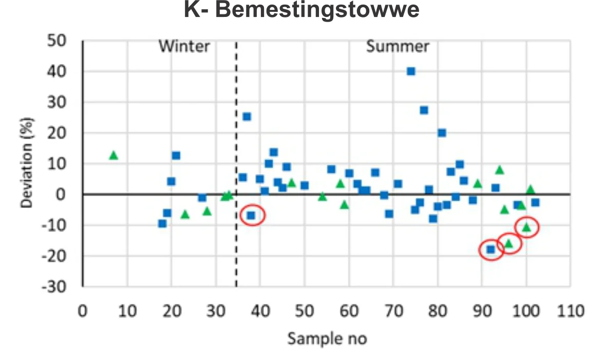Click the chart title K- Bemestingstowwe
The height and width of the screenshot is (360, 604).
301,11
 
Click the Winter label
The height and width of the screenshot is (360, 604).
184,47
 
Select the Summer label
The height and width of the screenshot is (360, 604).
398,47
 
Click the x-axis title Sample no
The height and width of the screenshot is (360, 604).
327,339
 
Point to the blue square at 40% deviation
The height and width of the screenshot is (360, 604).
411,71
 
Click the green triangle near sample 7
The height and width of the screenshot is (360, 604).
114,155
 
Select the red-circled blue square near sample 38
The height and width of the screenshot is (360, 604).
251,216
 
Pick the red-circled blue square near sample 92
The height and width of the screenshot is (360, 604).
490,250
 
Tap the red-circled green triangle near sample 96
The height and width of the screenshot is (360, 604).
509,243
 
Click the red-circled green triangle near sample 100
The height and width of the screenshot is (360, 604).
526,227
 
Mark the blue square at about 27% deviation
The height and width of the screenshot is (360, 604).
424,110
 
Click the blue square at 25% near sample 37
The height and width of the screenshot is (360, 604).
247,117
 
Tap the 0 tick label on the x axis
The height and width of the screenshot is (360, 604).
83,312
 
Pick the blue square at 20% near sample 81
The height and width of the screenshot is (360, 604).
442,133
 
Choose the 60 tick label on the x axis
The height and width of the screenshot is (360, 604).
349,312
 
